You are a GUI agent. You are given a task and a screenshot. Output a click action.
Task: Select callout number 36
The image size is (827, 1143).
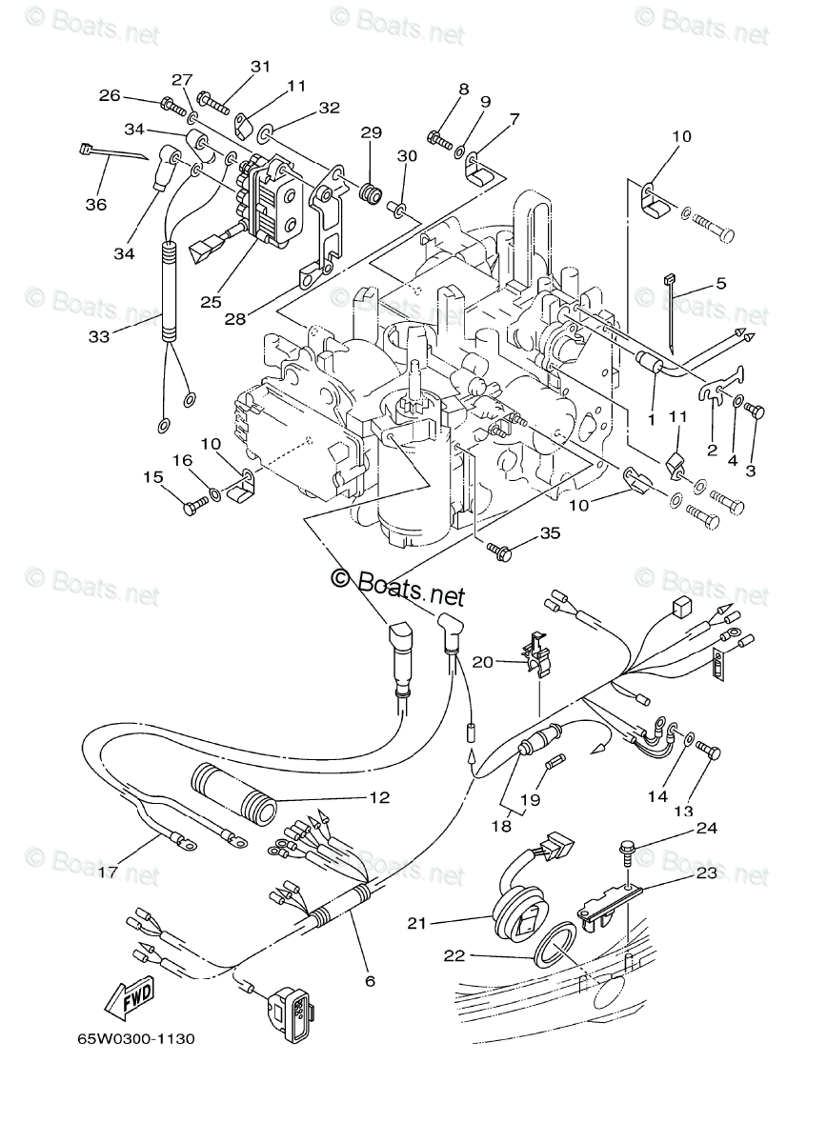click(x=96, y=205)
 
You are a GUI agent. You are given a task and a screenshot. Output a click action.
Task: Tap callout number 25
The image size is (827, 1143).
click(x=211, y=302)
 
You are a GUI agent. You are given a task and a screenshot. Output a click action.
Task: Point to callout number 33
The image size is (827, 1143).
click(x=99, y=336)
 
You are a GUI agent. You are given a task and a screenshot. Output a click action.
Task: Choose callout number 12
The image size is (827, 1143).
click(x=379, y=797)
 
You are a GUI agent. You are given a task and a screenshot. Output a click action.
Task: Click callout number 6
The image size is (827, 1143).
click(x=371, y=981)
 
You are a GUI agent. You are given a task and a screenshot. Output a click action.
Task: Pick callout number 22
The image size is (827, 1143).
click(x=454, y=955)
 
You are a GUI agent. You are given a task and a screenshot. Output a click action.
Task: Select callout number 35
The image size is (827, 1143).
click(x=551, y=533)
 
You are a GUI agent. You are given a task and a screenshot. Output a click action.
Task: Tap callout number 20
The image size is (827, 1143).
click(x=483, y=662)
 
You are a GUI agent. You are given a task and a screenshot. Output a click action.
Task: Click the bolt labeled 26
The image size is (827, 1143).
click(x=173, y=106)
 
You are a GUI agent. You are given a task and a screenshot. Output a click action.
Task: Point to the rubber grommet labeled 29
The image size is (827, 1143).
click(x=370, y=194)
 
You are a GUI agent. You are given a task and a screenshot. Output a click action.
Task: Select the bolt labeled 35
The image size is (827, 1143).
click(x=498, y=551)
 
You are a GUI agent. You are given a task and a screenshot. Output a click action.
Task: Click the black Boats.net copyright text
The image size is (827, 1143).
click(x=398, y=590)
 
